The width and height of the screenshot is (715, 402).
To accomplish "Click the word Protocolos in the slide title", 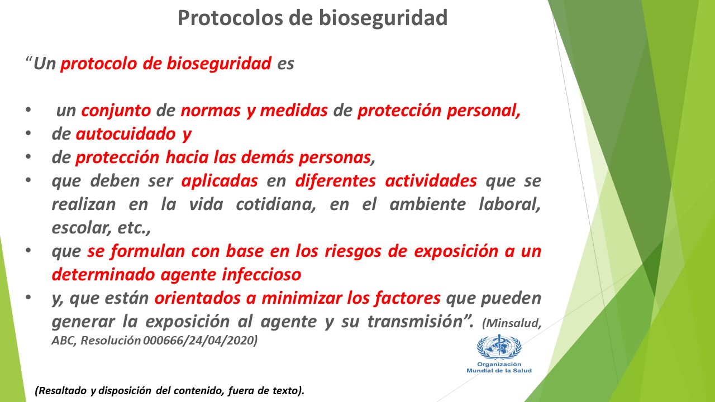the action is click(230, 18).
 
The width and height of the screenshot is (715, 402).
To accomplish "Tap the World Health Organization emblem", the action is click(499, 347).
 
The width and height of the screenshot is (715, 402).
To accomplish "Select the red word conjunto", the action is click(116, 111).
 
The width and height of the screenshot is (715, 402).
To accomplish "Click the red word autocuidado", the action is click(126, 134).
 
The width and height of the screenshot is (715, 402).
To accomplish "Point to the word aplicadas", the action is click(220, 181).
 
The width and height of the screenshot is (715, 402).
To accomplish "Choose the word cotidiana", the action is click(276, 204).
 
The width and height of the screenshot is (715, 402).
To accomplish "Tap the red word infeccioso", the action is click(261, 275).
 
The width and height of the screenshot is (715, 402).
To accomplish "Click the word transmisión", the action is click(415, 322).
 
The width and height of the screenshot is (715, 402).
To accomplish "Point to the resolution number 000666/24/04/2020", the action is click(200, 341).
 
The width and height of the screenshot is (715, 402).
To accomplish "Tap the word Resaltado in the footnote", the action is click(60, 391).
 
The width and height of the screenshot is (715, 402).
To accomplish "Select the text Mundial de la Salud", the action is click(499, 371).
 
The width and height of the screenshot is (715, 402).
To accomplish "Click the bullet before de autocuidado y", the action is click(28, 134).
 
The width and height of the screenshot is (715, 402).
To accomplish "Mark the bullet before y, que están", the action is click(28, 298).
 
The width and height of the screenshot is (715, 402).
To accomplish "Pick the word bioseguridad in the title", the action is click(383, 18).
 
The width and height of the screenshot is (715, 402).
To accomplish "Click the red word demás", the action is click(267, 157).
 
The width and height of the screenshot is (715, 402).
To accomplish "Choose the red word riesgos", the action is click(353, 252).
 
